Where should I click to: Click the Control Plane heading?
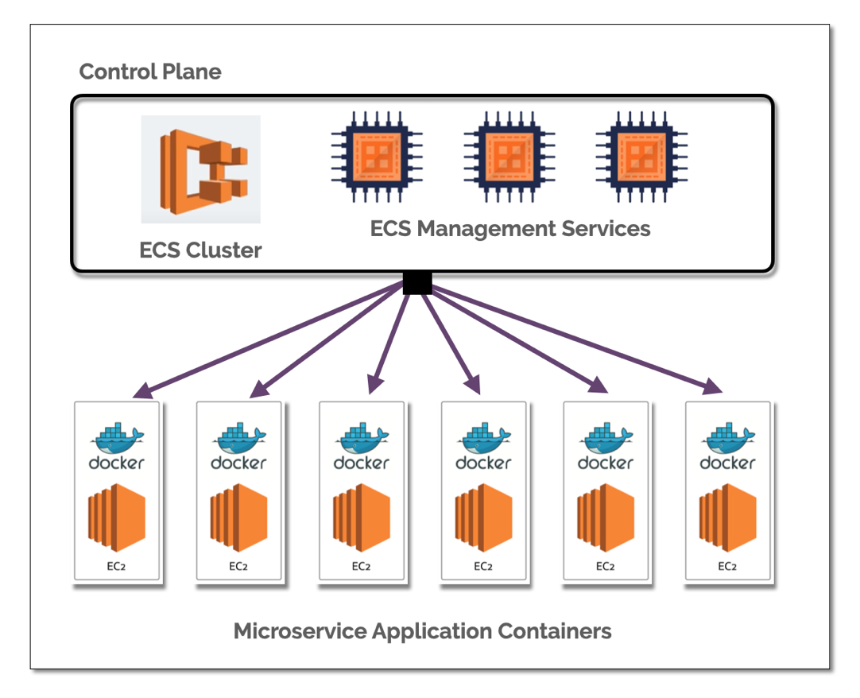150,72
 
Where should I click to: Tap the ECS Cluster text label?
200,250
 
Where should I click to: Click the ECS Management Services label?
510,229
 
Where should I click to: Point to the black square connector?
417,282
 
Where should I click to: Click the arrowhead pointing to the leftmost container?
142,390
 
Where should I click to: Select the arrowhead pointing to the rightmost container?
712,386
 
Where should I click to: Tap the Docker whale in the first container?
118,436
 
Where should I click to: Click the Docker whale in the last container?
727,436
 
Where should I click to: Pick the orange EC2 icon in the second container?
239,518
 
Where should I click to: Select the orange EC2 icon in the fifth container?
606,518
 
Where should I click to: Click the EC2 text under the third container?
361,567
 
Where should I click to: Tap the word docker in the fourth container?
483,462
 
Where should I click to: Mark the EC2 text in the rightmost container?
727,567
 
